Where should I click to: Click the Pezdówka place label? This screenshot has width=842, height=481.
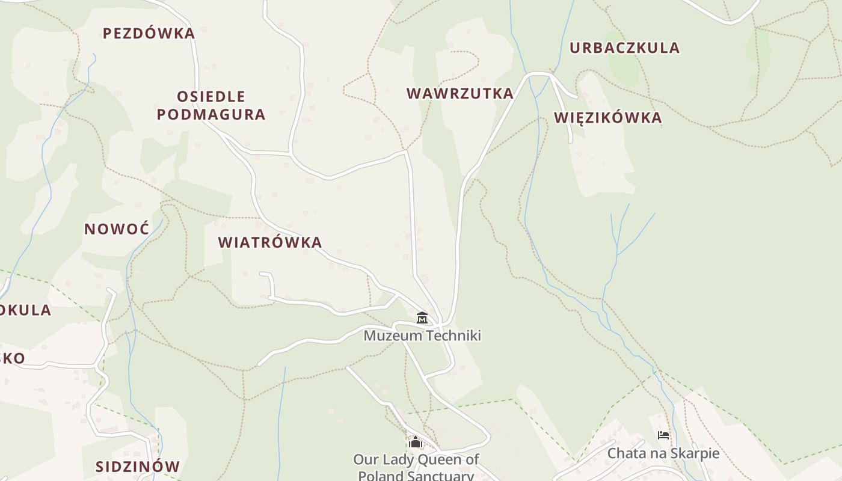tap(149, 34)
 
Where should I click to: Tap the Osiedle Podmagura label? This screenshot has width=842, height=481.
tap(211, 105)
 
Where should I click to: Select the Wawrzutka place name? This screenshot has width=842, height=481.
tap(460, 94)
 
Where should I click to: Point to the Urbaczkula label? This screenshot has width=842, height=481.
tap(624, 48)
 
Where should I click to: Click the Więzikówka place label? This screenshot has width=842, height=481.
tap(607, 118)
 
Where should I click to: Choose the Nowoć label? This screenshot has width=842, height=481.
tap(117, 229)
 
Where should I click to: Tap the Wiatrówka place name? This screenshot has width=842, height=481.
tap(270, 243)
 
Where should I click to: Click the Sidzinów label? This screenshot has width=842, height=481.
tap(138, 467)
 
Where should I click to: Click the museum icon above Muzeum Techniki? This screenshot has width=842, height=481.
tap(422, 317)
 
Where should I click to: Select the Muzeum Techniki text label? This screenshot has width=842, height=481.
tap(422, 335)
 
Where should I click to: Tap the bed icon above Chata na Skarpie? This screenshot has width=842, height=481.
tap(663, 435)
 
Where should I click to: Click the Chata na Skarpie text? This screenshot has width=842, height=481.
tap(663, 453)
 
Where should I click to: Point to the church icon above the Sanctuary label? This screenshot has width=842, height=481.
tap(415, 443)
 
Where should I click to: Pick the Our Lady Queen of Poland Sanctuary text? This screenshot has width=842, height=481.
tap(416, 467)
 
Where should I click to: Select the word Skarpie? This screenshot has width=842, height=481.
tap(696, 453)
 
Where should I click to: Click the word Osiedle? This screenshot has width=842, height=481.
tap(211, 96)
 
